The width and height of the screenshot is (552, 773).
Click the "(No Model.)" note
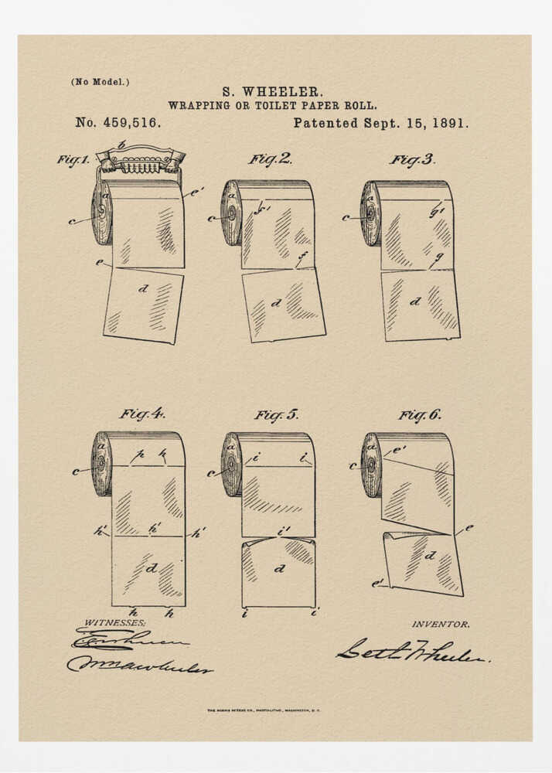pos(101,82)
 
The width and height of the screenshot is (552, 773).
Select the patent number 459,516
pos(118,123)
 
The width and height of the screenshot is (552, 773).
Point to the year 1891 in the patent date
pos(451,123)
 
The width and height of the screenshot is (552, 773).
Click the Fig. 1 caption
pos(73,160)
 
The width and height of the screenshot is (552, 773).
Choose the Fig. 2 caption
pos(270,159)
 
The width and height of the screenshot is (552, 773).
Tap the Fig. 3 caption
pos(412,160)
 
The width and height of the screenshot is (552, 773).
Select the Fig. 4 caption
pos(141,414)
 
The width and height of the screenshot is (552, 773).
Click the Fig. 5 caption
pos(276,415)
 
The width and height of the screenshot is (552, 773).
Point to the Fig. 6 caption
pos(420,415)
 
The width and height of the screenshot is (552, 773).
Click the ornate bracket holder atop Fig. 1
pos(140,160)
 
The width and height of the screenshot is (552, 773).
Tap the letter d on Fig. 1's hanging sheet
pos(142,289)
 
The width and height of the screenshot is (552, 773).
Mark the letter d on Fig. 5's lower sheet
pos(279,568)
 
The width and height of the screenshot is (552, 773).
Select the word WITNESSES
pos(114,622)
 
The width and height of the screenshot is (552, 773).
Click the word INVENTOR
pos(440,624)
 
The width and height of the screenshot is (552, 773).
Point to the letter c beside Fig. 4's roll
pos(76,471)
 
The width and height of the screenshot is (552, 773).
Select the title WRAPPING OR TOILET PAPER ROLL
pos(272,106)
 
